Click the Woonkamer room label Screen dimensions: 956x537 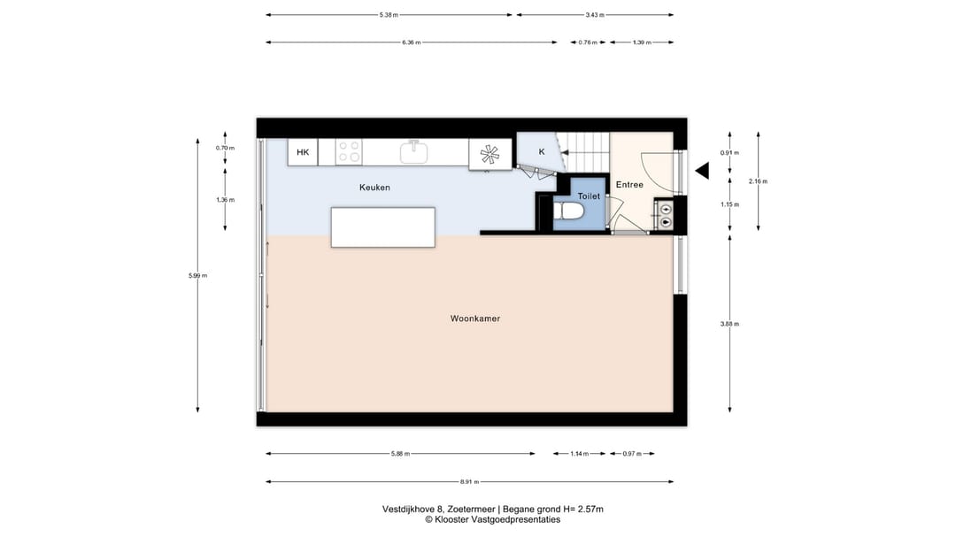pyautogui.click(x=475, y=318)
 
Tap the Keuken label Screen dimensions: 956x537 pyautogui.click(x=374, y=188)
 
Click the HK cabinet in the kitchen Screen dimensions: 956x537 pyautogui.click(x=303, y=152)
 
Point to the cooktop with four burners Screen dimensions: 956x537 pyautogui.click(x=349, y=152)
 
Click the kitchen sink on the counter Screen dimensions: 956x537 pyautogui.click(x=414, y=151)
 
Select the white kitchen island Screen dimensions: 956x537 pyautogui.click(x=383, y=227)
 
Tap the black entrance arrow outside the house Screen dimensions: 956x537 pyautogui.click(x=702, y=171)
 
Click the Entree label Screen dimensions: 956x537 pyautogui.click(x=629, y=185)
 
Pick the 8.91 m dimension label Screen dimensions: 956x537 pyautogui.click(x=469, y=481)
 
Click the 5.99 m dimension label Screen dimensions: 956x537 pyautogui.click(x=197, y=275)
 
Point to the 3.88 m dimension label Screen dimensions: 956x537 pyautogui.click(x=729, y=324)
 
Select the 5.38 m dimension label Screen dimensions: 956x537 pyautogui.click(x=389, y=15)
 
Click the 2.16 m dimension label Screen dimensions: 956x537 pyautogui.click(x=758, y=181)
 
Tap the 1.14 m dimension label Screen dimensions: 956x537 pyautogui.click(x=579, y=454)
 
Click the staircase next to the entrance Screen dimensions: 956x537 pyautogui.click(x=585, y=152)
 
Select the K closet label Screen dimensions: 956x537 pyautogui.click(x=542, y=152)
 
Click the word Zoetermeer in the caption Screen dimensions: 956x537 pyautogui.click(x=471, y=509)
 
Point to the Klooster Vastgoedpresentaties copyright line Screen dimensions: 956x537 pyautogui.click(x=492, y=520)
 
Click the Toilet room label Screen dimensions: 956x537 pyautogui.click(x=589, y=196)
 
